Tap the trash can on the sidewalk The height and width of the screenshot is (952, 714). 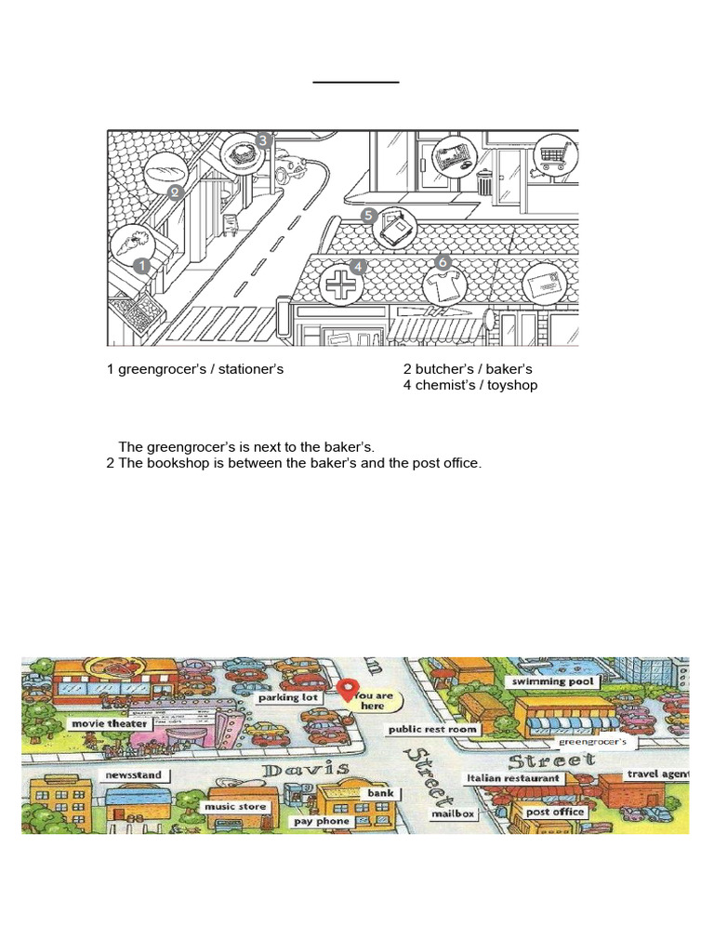point(484,181)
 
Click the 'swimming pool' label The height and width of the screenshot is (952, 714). point(551,681)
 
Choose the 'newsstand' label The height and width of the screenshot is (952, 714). point(132,774)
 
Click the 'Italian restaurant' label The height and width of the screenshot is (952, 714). point(513,777)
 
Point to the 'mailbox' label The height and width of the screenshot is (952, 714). point(453,813)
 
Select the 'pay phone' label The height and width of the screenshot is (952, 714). point(321,821)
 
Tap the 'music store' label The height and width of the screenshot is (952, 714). point(234,807)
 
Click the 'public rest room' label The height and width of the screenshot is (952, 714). point(432,730)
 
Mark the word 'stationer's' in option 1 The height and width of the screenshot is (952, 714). point(248,369)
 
